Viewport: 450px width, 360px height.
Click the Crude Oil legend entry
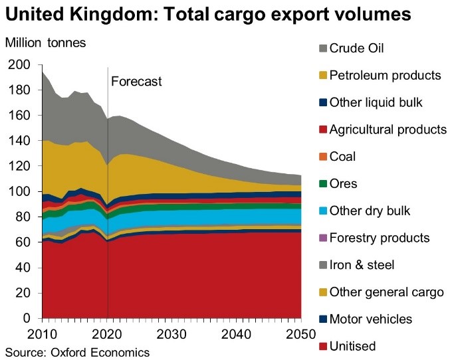(x=356, y=48)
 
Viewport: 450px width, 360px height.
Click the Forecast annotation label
(x=136, y=82)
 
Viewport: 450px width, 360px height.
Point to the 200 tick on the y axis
(x=19, y=64)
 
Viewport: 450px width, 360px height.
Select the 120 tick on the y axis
(x=19, y=167)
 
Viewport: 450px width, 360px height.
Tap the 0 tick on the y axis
(x=27, y=319)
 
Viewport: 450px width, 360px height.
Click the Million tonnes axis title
(x=46, y=43)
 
